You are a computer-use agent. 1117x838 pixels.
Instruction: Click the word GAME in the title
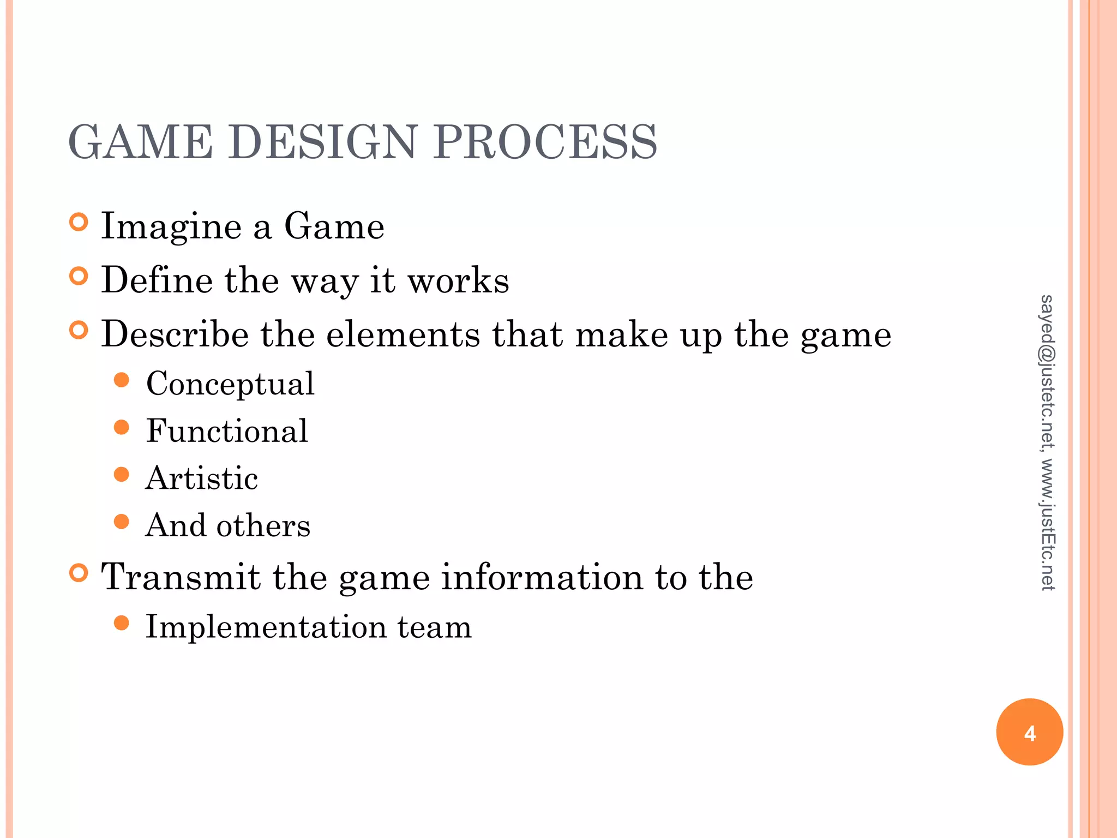(x=140, y=142)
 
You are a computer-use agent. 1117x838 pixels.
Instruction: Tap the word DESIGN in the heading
(x=322, y=142)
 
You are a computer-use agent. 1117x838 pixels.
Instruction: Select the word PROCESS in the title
(x=545, y=142)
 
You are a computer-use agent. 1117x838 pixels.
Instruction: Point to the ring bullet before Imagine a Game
(x=79, y=223)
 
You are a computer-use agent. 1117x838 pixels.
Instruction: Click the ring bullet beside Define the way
(x=79, y=277)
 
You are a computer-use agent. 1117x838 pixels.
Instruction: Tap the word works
(x=459, y=280)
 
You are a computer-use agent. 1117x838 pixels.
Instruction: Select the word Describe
(x=175, y=334)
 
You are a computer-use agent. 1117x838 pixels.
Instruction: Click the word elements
(x=403, y=334)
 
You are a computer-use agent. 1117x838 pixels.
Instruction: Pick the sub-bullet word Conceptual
(x=230, y=384)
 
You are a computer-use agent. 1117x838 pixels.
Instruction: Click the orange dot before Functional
(x=122, y=427)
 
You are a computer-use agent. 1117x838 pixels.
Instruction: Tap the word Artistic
(x=201, y=478)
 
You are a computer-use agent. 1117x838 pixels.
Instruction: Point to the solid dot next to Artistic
(x=122, y=475)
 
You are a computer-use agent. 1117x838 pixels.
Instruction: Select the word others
(x=263, y=525)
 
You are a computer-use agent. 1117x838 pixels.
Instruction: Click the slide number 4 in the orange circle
(x=1030, y=733)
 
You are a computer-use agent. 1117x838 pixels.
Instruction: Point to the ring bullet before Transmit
(x=79, y=573)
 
